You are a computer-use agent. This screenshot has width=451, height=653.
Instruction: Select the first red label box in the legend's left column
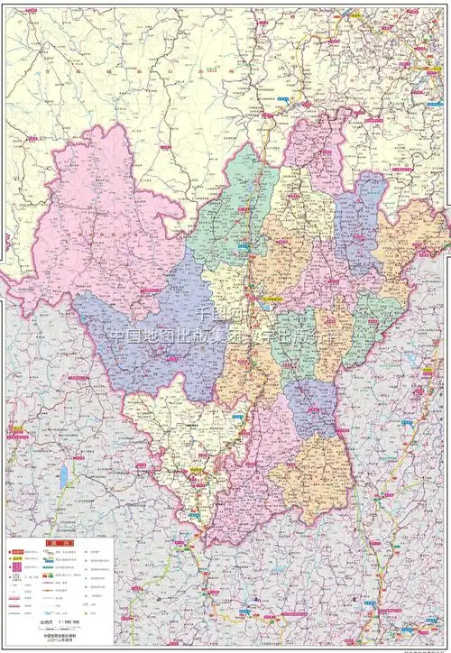click(x=15, y=551)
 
